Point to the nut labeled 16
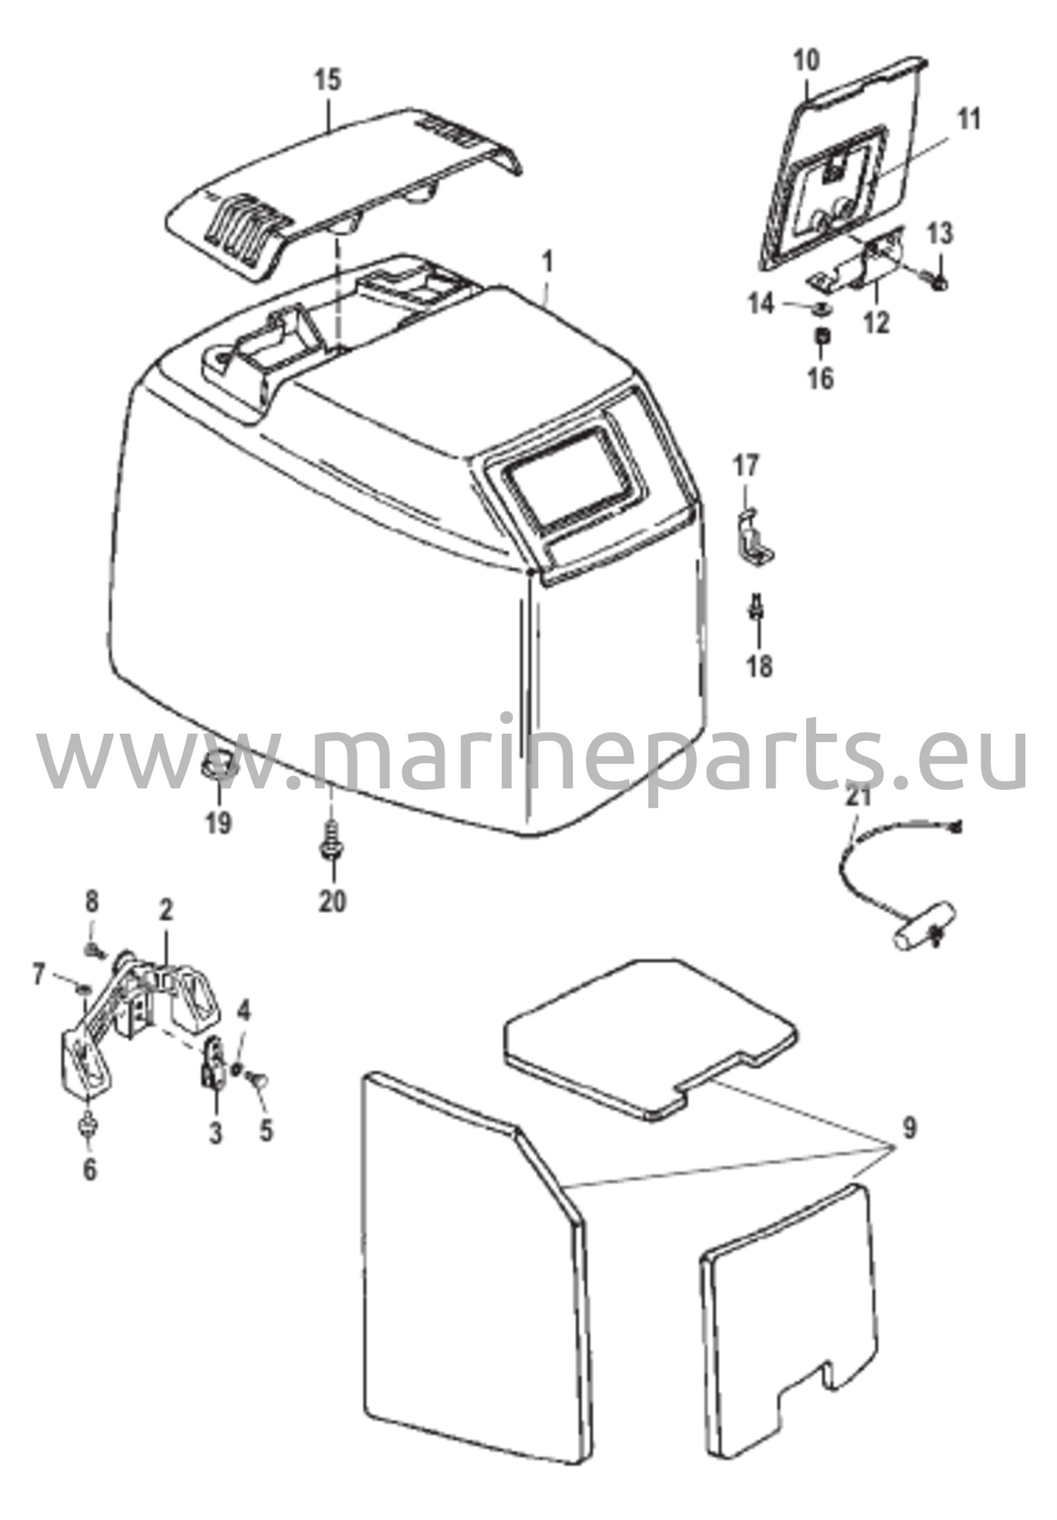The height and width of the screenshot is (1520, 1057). [x=822, y=338]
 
